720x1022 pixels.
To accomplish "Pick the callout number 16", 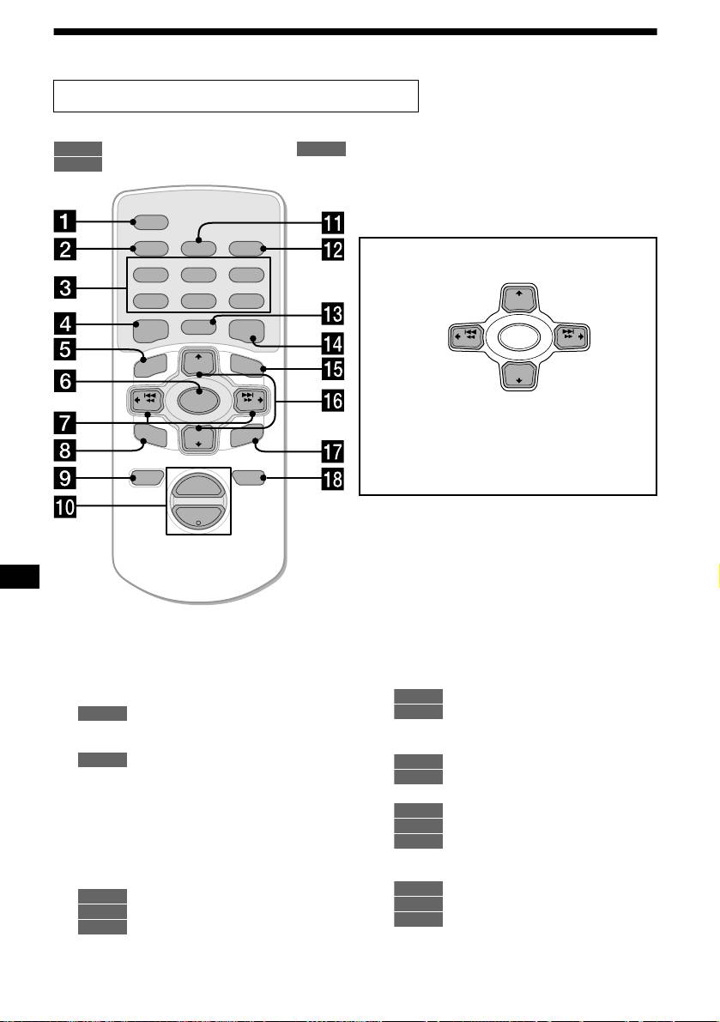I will [x=331, y=399].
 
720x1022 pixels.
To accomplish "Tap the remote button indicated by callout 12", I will [x=247, y=250].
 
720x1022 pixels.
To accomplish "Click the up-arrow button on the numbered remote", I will [x=198, y=360].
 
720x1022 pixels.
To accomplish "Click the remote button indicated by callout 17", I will [x=247, y=441].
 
